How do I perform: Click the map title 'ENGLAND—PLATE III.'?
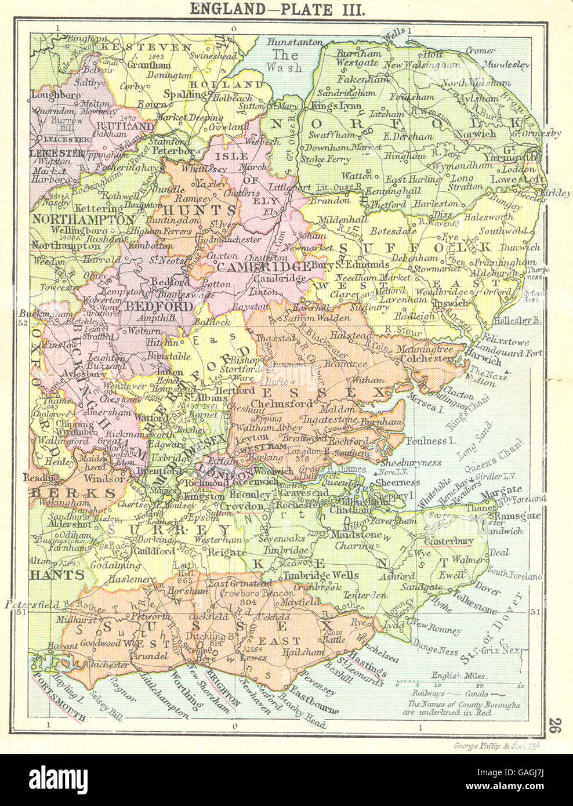[x=286, y=10]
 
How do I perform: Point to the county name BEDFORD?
[x=161, y=304]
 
